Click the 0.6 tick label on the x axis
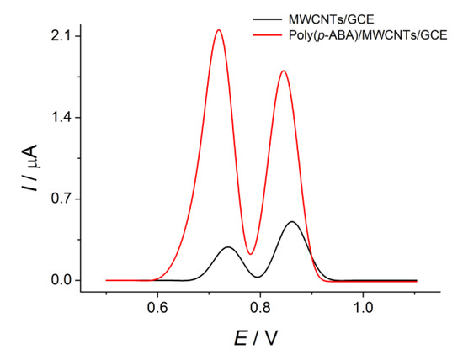point(157,308)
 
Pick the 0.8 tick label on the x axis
point(260,308)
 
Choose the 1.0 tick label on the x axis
point(363,308)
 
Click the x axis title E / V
point(257,338)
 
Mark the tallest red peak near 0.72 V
point(219,30)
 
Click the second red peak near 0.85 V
point(284,71)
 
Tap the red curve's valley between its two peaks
point(250,253)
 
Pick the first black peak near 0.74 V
point(228,247)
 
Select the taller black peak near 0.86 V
point(292,222)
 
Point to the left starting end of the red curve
point(106,280)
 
